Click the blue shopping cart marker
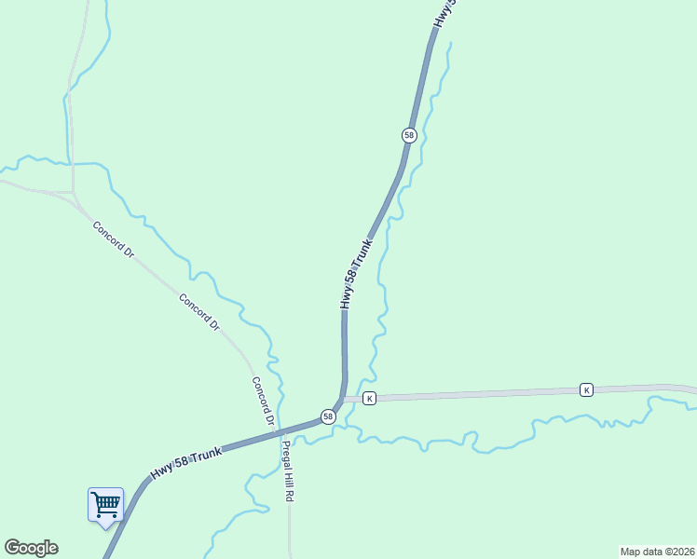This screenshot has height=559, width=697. click(105, 504)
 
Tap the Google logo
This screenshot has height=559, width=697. click(31, 548)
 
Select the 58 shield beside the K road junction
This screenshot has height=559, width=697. click(328, 416)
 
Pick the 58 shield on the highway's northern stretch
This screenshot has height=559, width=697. click(409, 135)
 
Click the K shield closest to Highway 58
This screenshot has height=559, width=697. click(370, 399)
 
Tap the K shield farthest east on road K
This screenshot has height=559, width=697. click(586, 389)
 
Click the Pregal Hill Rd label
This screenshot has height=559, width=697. click(288, 470)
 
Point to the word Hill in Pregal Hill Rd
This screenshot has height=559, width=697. click(288, 472)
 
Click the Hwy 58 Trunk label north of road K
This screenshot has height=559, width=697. click(356, 274)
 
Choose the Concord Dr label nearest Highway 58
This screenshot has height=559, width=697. click(263, 402)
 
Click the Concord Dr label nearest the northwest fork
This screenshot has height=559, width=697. click(114, 240)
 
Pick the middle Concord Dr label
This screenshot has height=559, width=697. click(198, 313)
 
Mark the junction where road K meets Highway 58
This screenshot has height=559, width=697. click(344, 400)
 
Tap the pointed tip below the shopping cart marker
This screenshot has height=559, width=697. click(105, 526)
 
